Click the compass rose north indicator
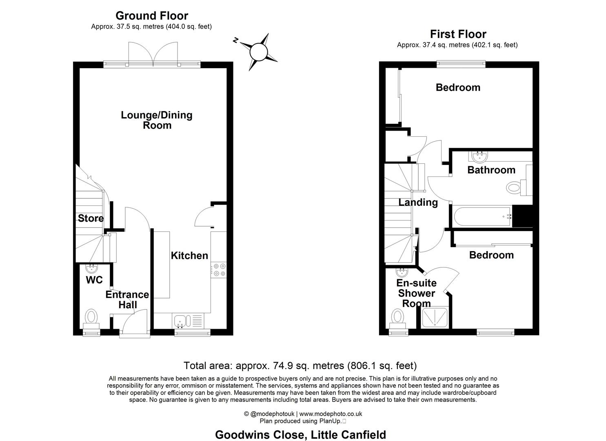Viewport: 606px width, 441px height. pos(235,40)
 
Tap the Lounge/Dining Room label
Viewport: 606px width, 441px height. pos(157,120)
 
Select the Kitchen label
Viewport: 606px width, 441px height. pos(189,256)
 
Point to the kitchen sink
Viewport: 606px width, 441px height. pos(180,321)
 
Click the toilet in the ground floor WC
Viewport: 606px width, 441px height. pos(91,318)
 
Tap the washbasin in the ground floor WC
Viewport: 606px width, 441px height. pos(91,268)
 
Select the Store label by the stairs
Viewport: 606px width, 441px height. pos(91,218)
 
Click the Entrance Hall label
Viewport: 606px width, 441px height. pos(127,300)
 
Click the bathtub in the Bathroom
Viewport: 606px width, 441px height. pos(482,216)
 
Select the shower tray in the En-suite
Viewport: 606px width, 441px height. pos(435,317)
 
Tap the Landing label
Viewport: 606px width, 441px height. pos(418,202)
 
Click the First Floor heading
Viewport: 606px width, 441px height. pos(458,34)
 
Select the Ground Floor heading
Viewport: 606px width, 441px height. pos(152,16)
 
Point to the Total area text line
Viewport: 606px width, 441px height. pos(300,365)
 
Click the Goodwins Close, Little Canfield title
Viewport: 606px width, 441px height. pos(300,434)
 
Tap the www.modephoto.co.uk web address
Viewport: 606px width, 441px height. pos(331,414)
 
